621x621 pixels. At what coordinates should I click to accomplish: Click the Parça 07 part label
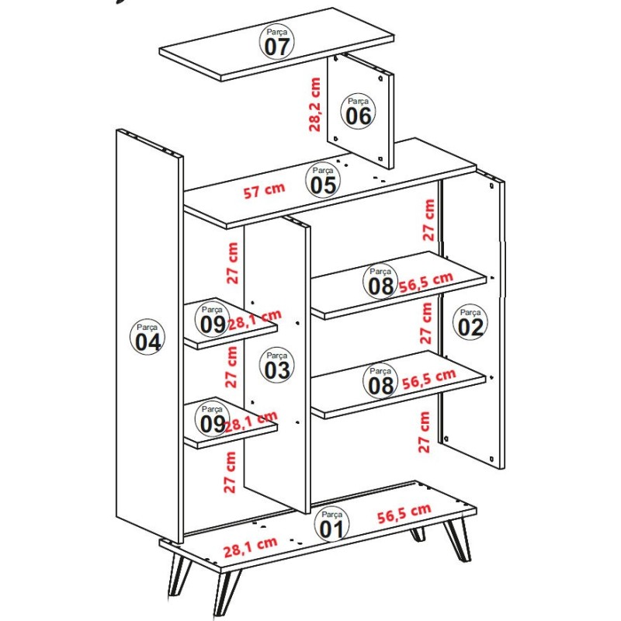click(x=277, y=42)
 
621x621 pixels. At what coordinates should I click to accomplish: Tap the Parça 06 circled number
click(x=359, y=112)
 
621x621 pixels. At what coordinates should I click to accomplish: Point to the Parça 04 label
click(x=147, y=337)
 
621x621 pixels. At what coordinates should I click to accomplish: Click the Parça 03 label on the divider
click(x=276, y=366)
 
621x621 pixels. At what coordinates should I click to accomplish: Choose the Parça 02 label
click(x=470, y=322)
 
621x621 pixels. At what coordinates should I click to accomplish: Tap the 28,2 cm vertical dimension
click(x=315, y=104)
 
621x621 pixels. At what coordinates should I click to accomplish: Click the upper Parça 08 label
click(x=381, y=282)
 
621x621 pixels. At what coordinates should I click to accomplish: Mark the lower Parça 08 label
click(x=381, y=381)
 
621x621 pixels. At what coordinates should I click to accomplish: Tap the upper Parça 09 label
click(x=212, y=319)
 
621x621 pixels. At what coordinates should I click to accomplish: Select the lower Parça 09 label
click(x=212, y=419)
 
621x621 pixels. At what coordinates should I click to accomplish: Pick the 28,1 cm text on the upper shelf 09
click(x=253, y=319)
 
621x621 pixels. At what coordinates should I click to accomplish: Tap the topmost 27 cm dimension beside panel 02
click(x=428, y=220)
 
